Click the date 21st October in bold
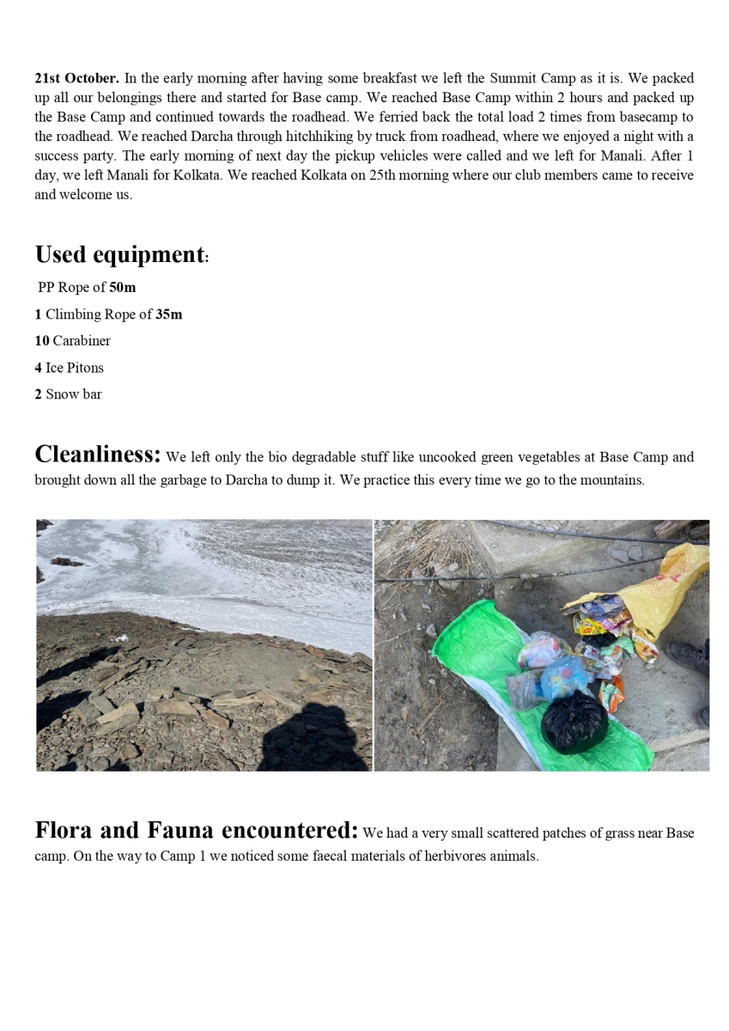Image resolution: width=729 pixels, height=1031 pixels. (x=77, y=78)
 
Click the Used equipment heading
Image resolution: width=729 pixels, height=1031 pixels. (x=120, y=254)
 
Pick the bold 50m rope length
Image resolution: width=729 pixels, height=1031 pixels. (x=123, y=287)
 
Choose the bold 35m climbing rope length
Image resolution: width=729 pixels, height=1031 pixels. (x=169, y=314)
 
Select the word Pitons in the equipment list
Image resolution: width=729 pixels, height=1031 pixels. (x=86, y=368)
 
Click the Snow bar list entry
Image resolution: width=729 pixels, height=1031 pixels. (x=69, y=394)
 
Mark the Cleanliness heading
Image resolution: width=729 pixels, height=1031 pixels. (x=98, y=454)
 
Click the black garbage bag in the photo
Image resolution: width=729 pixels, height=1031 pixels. (x=574, y=723)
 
